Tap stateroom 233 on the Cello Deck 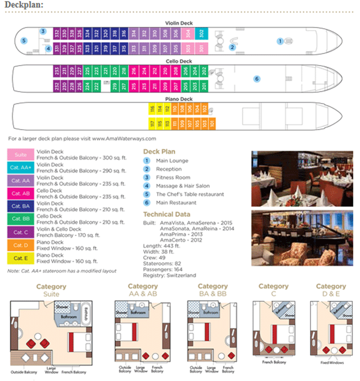57,71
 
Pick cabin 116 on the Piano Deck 152,109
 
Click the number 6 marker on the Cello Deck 257,79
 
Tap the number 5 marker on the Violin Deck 24,40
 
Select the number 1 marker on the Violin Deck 280,40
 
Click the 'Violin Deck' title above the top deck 179,22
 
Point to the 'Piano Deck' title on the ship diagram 179,99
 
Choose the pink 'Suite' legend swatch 21,155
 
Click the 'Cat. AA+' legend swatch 21,167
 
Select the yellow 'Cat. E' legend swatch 21,258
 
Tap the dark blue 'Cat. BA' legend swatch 21,206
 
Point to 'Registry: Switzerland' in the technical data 170,275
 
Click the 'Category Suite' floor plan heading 51,291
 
